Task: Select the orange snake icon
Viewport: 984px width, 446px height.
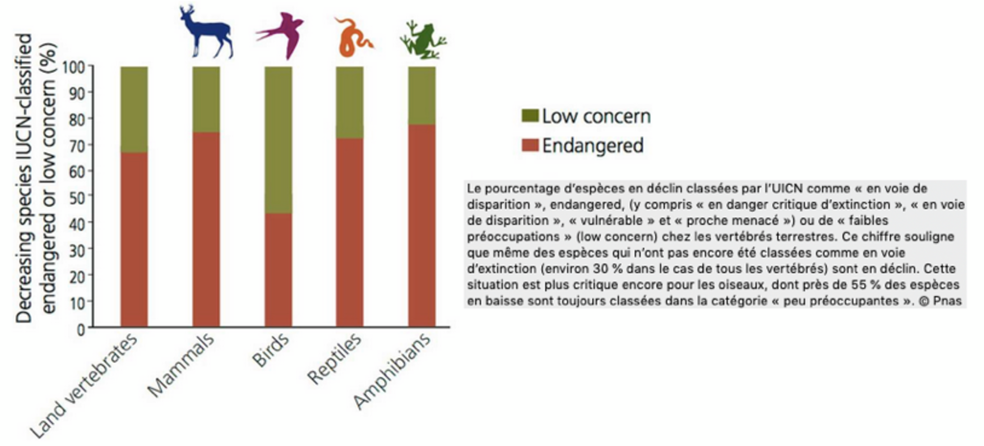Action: tap(352, 38)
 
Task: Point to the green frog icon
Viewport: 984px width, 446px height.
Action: tap(423, 40)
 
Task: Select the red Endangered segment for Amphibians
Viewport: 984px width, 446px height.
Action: tap(422, 225)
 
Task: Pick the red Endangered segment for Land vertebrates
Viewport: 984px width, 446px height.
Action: tap(134, 239)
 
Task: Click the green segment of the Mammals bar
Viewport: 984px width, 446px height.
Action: tap(206, 99)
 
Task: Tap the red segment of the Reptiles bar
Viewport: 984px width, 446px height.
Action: tap(350, 232)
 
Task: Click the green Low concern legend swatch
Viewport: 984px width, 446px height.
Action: tap(530, 116)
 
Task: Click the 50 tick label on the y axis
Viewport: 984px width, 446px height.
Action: tap(77, 197)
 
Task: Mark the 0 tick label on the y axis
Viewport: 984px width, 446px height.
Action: tap(81, 330)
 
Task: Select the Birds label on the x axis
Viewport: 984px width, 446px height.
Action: tap(271, 351)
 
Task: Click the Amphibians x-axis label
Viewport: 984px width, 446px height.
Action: tap(393, 371)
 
